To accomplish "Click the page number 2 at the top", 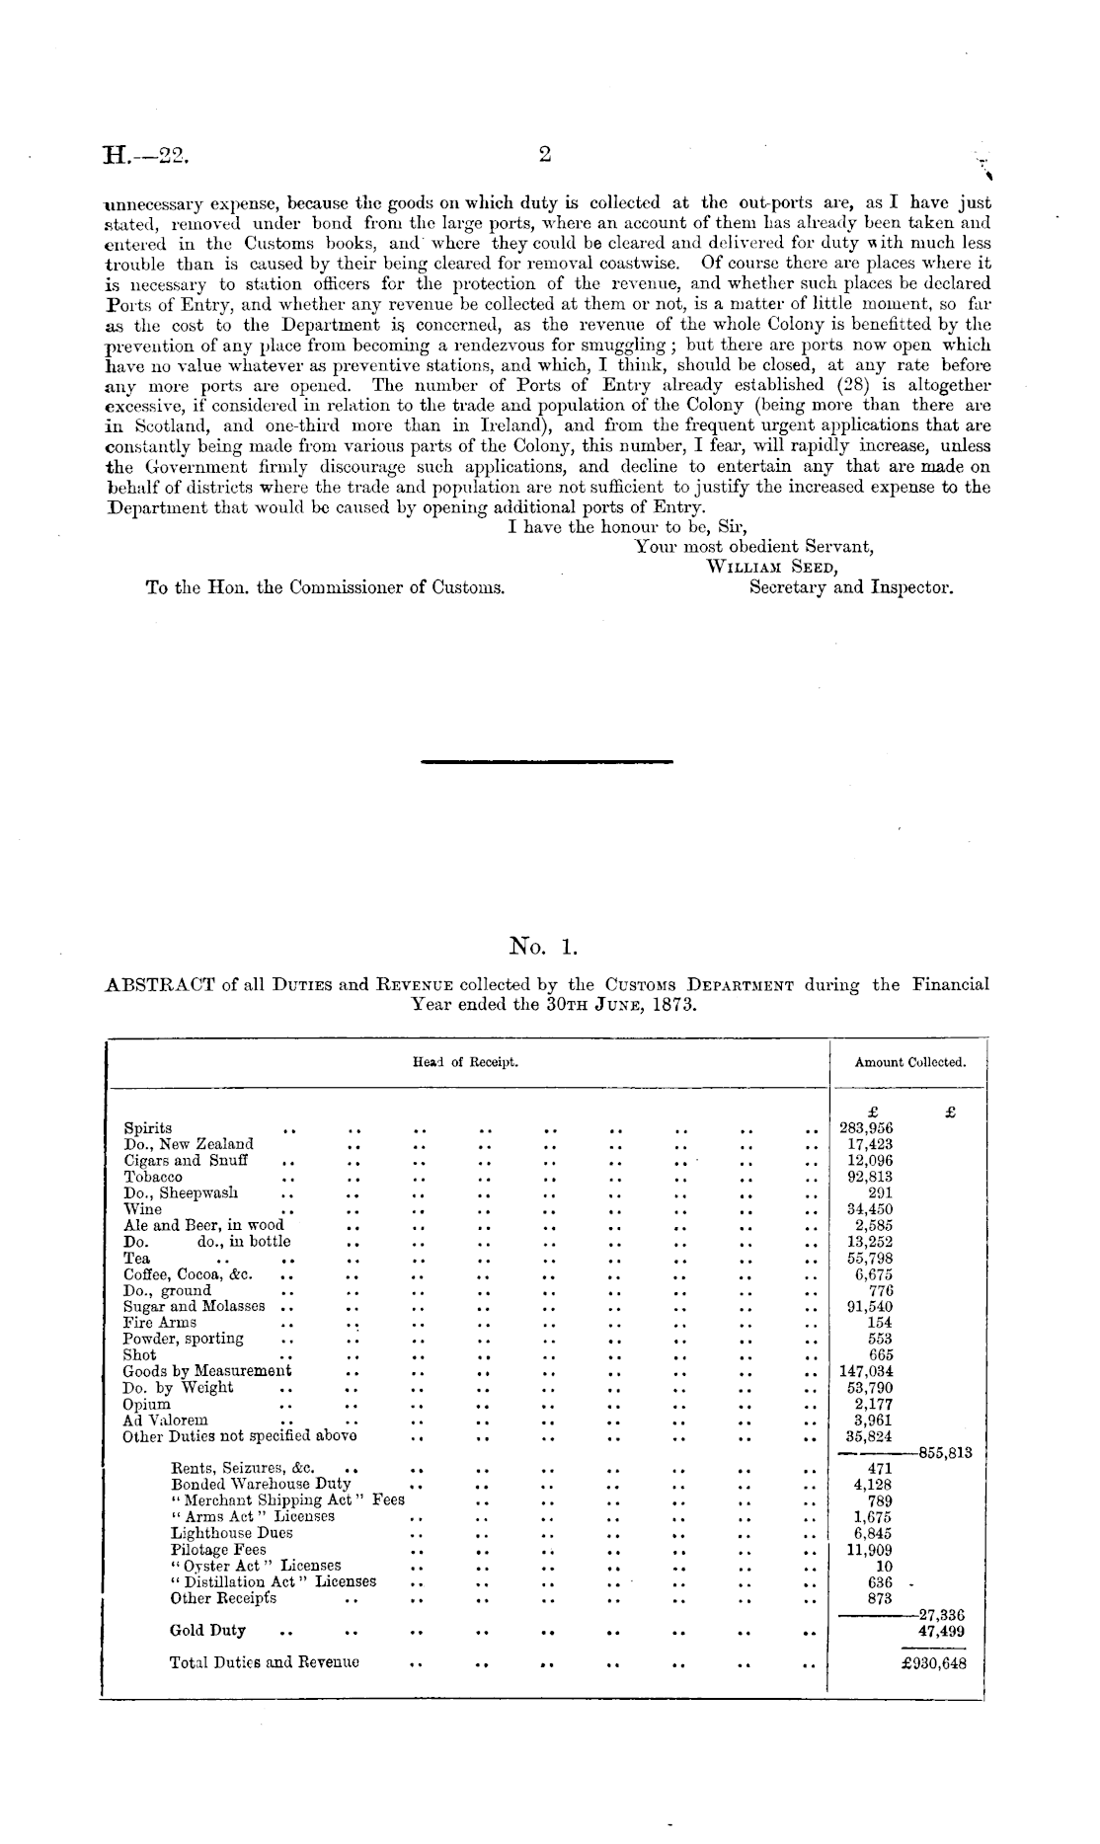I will (x=543, y=154).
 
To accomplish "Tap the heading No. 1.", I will (x=542, y=949).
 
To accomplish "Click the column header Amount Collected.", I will (x=909, y=1062).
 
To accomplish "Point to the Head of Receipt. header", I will (x=465, y=1062).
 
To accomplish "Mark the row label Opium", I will (x=146, y=1404).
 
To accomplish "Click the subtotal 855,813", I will (x=946, y=1452).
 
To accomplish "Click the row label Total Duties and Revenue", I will (x=265, y=1662).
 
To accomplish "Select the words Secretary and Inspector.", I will (x=851, y=587).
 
